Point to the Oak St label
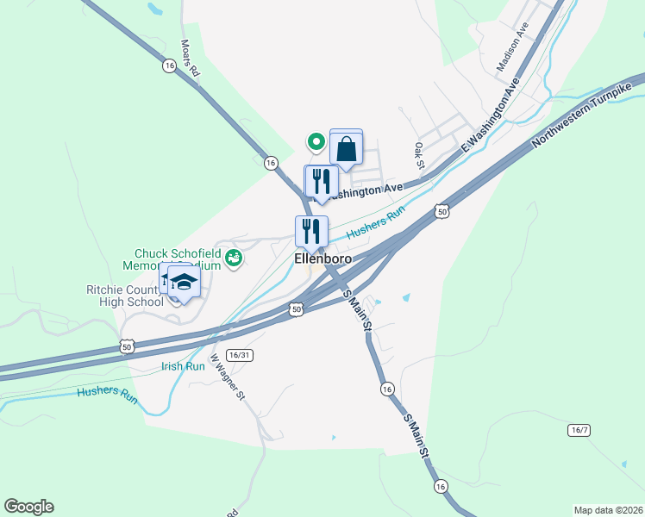[419, 156]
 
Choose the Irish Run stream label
[183, 365]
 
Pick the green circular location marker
[316, 141]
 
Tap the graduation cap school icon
[183, 282]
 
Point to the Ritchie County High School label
[124, 296]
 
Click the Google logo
[28, 507]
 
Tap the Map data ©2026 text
[607, 510]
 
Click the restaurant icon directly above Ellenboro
[311, 231]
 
